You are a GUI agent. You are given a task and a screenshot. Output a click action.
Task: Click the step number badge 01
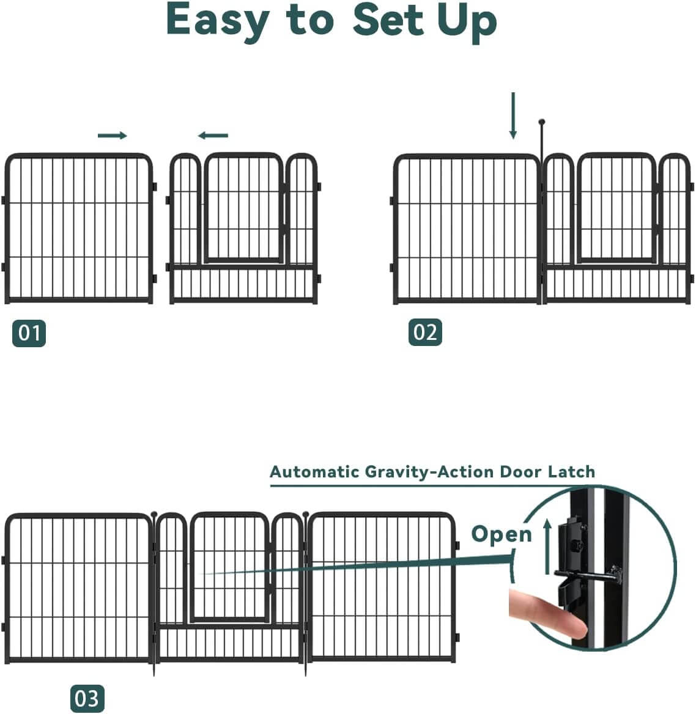coord(29,333)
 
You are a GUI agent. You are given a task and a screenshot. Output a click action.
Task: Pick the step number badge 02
coord(425,332)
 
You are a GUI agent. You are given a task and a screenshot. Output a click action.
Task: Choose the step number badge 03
coord(87,698)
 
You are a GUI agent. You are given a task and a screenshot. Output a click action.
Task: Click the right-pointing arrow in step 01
coord(113,135)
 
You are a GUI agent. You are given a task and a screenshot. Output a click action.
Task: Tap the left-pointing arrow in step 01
coord(213,136)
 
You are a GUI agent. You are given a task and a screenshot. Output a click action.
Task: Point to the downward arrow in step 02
coord(513,116)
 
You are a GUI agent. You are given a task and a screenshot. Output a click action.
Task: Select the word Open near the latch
coord(502,534)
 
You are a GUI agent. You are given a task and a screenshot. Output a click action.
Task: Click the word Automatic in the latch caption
coord(314,472)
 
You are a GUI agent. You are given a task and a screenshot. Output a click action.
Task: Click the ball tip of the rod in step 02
coord(541,122)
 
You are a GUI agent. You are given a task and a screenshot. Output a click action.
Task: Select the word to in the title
coord(309,20)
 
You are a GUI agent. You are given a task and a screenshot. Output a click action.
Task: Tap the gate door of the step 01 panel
coord(244,208)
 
